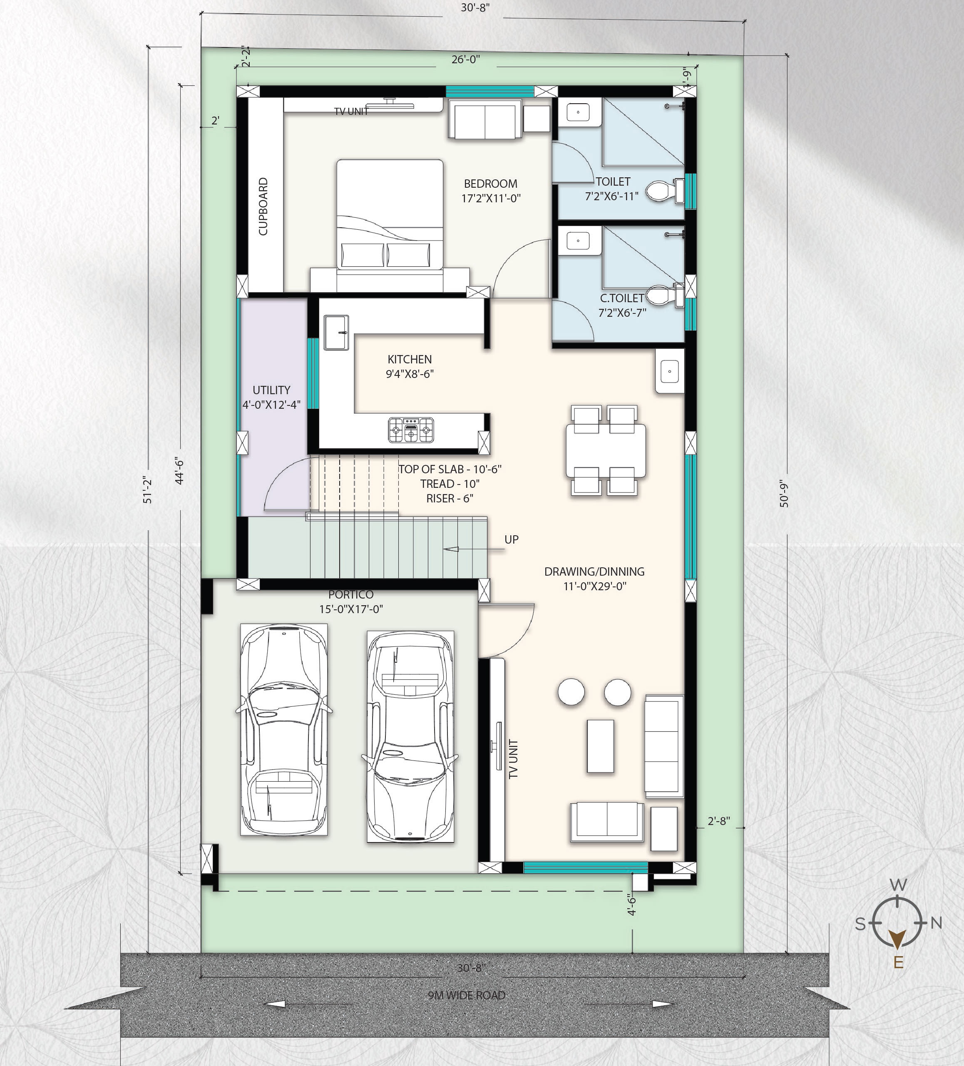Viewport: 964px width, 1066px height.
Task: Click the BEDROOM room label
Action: click(490, 184)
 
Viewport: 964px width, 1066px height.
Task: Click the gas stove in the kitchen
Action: click(411, 430)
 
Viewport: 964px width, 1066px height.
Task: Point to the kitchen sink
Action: click(336, 332)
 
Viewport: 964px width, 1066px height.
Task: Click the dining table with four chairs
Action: click(606, 450)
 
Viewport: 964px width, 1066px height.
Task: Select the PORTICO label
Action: click(350, 594)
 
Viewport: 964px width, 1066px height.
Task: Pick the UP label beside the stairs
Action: click(512, 539)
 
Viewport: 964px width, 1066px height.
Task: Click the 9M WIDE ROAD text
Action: click(467, 995)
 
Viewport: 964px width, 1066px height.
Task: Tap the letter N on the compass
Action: click(936, 923)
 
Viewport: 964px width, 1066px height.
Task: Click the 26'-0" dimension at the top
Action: click(465, 59)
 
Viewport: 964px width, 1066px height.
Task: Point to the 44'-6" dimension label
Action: click(179, 471)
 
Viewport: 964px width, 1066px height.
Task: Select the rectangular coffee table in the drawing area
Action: click(600, 745)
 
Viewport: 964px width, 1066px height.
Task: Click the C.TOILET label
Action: click(622, 298)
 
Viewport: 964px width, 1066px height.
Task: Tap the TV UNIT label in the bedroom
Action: click(351, 111)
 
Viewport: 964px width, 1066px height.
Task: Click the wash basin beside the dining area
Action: click(669, 371)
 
